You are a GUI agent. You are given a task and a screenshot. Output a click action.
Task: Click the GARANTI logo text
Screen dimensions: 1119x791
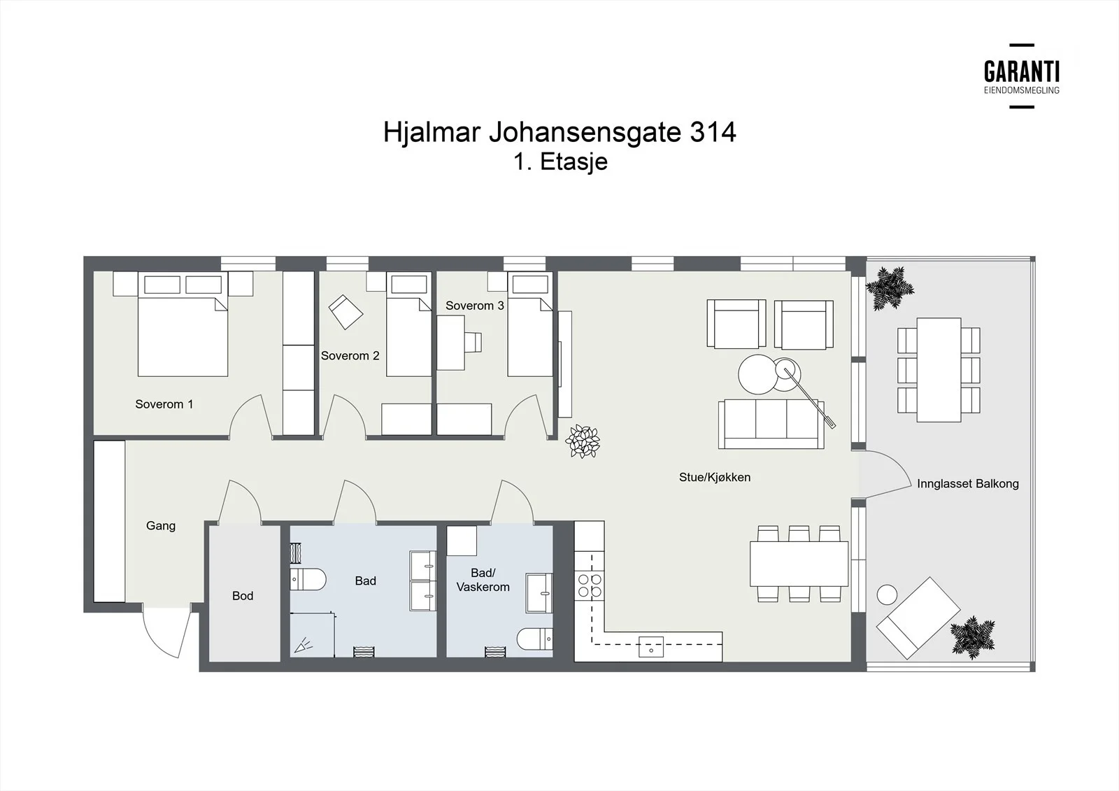(x=1022, y=72)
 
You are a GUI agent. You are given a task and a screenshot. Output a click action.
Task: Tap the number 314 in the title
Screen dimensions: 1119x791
(x=713, y=132)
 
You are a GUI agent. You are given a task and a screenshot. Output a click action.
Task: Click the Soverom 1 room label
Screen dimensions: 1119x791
(x=164, y=404)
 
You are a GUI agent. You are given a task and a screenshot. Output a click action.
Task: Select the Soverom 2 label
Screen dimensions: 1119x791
(x=350, y=356)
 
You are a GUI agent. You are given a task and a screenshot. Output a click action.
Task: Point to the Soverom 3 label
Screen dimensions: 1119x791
(x=475, y=306)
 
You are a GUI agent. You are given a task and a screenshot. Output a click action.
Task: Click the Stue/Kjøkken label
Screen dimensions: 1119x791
(x=714, y=478)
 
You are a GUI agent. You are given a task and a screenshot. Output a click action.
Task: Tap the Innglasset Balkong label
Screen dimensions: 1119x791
(x=968, y=484)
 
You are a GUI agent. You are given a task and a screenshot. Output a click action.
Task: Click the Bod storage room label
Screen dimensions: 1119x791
(x=243, y=596)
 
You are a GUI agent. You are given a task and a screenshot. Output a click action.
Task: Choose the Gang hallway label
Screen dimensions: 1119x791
(x=161, y=526)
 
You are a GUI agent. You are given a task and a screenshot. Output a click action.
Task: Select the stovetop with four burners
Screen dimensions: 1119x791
(x=590, y=585)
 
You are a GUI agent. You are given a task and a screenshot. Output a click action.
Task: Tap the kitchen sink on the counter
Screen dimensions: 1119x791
(x=651, y=647)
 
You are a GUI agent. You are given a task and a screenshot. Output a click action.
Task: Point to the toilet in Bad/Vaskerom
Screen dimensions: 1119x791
(x=534, y=639)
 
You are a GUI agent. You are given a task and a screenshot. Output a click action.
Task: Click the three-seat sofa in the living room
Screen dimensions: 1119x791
(x=771, y=424)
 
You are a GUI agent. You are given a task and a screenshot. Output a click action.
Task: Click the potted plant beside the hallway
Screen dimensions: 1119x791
(x=583, y=441)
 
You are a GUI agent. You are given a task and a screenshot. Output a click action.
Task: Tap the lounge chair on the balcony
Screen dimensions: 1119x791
(x=918, y=618)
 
